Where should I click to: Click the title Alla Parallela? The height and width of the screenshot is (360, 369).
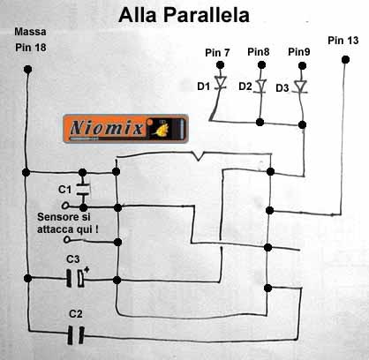184,15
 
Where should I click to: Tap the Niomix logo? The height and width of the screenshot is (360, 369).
125,129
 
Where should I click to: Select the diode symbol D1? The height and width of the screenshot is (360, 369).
220,82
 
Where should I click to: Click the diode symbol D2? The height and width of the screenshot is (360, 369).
261,86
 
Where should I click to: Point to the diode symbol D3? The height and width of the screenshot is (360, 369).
300,86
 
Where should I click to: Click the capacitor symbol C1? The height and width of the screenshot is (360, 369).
83,190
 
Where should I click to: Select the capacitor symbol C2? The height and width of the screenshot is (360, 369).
76,335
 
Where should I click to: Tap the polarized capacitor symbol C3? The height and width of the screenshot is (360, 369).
75,278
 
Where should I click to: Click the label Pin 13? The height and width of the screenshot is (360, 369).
343,41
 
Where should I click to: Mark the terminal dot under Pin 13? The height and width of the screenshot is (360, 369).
345,60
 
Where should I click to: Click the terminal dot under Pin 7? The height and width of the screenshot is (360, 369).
220,64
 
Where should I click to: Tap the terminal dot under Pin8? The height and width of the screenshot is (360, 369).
261,64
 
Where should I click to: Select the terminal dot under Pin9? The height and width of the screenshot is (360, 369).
302,65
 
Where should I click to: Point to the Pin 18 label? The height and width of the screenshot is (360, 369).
31,48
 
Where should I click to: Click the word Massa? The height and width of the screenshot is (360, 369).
30,32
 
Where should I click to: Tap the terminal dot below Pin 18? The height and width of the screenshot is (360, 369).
27,70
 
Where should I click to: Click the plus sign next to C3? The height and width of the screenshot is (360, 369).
87,269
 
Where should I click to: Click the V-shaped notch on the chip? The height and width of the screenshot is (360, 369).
199,156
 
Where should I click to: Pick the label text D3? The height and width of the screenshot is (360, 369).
282,88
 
